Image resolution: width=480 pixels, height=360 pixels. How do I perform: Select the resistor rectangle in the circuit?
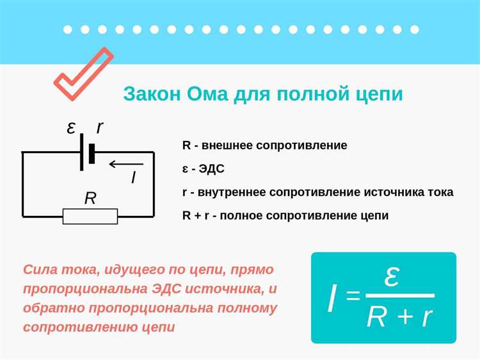point(90,216)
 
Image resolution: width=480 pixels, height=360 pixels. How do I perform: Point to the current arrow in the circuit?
point(125,165)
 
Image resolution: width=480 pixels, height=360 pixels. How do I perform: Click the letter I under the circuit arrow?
point(133,177)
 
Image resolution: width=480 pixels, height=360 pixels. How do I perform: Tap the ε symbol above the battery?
point(72,128)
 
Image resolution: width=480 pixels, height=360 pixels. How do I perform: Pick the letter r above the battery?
point(100,128)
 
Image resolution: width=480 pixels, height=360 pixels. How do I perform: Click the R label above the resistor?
point(90,198)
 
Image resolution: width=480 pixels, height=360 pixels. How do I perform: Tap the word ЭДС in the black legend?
point(212,169)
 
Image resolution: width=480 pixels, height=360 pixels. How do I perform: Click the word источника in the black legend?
point(398,192)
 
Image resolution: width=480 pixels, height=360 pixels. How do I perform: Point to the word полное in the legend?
point(241,216)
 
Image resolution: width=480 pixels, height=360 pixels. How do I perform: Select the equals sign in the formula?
point(353,295)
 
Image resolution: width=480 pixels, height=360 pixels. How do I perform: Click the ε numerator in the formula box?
point(392,277)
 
